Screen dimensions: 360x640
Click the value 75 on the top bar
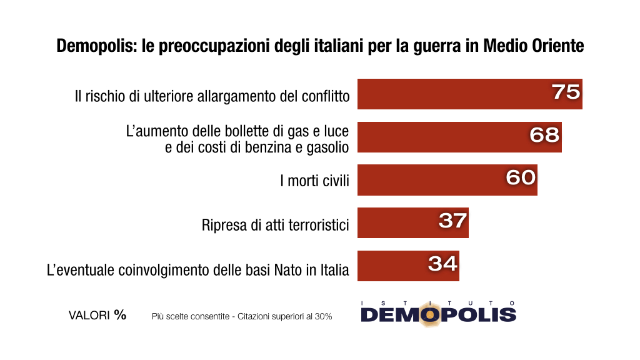tap(566, 92)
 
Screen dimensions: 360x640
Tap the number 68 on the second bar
tap(544, 134)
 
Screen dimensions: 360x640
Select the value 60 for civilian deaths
tap(521, 177)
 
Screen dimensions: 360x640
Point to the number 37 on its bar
tap(452, 220)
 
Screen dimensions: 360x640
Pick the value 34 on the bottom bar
tap(442, 263)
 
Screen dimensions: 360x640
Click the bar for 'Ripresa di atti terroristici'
tap(412, 222)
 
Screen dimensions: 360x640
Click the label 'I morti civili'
tap(314, 181)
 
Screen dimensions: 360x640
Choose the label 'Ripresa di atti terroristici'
tap(275, 224)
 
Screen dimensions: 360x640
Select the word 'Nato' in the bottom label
tap(288, 270)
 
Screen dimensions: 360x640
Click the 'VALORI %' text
tap(97, 316)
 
